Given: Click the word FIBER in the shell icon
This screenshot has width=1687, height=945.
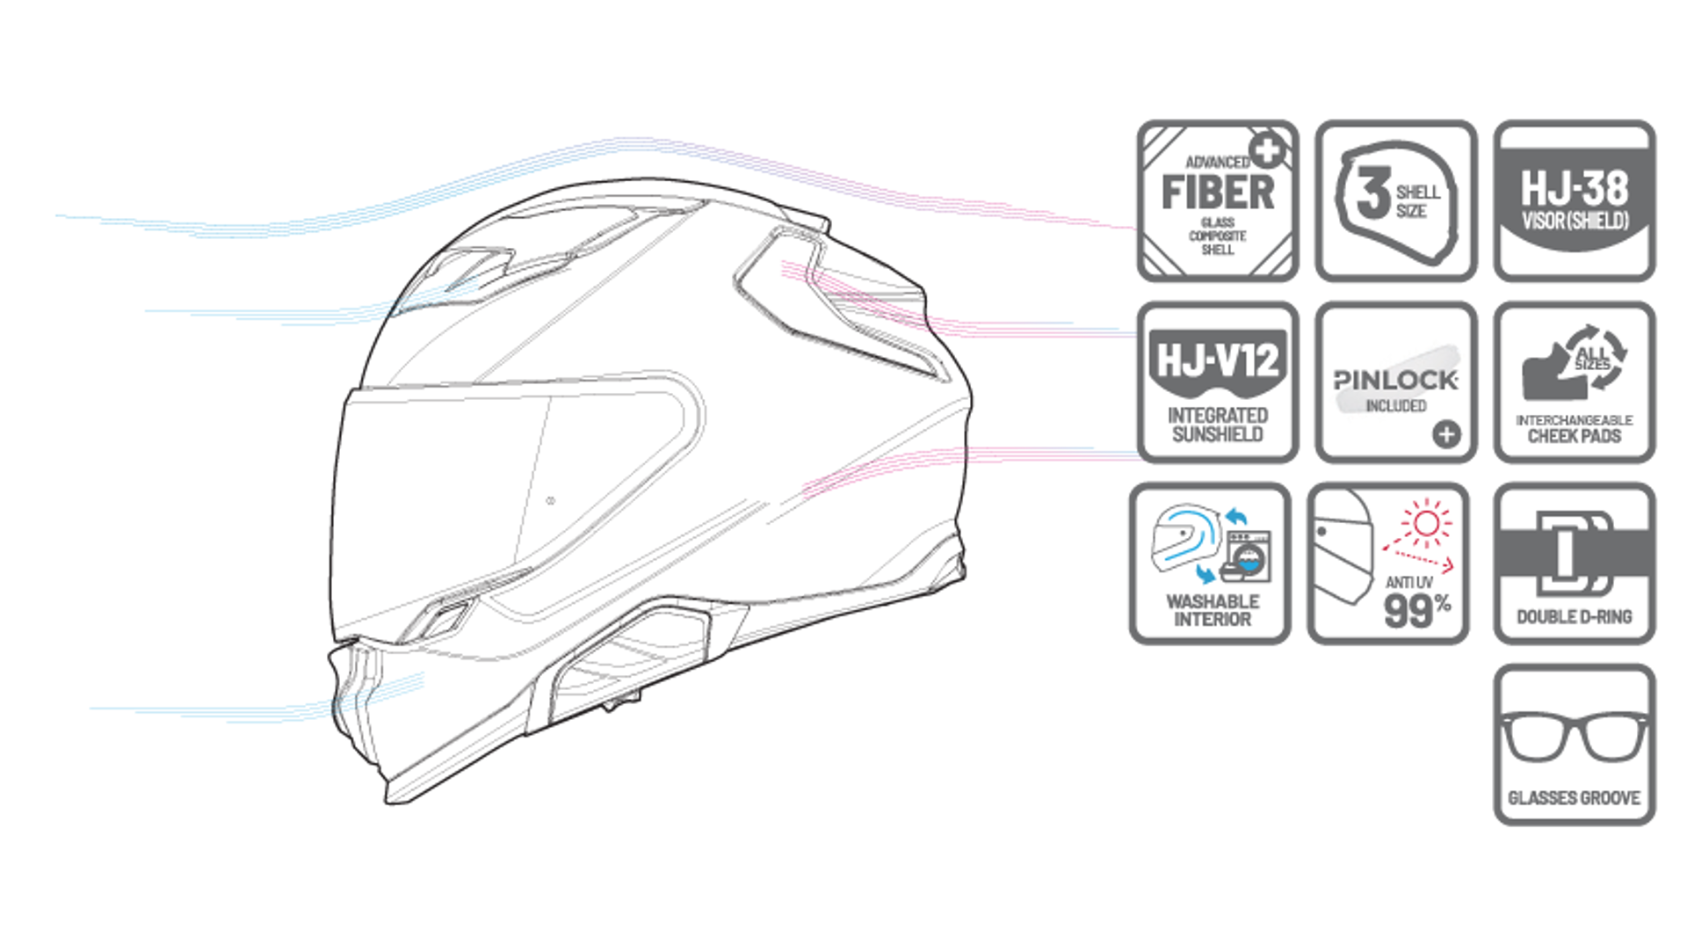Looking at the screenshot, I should point(1217,193).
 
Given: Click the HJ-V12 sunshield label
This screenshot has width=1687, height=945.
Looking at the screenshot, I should point(1218,360).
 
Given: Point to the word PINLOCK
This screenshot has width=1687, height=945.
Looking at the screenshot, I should point(1395,380).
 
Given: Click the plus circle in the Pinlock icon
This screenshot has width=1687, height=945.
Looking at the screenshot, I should point(1446,433).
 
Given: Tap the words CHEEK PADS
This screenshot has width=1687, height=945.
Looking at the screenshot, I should point(1574,436).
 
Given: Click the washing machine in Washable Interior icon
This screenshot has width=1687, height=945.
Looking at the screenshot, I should point(1249,556).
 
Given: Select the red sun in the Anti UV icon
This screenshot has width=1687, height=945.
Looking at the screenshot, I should point(1426,524).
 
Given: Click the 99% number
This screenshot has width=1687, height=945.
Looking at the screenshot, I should point(1416,608).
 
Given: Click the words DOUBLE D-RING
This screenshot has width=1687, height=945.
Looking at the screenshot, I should point(1574,617).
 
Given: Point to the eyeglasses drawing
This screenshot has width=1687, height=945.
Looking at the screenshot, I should point(1574,737).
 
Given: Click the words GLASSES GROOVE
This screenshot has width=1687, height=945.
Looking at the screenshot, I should point(1574,798).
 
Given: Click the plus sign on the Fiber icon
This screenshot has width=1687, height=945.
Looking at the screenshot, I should point(1268,151).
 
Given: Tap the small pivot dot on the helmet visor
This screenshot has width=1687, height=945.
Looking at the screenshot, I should point(551,502).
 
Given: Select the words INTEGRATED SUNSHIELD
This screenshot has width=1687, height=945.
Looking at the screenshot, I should point(1218,425).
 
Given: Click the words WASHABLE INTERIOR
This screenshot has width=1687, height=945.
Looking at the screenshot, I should point(1213,610).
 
